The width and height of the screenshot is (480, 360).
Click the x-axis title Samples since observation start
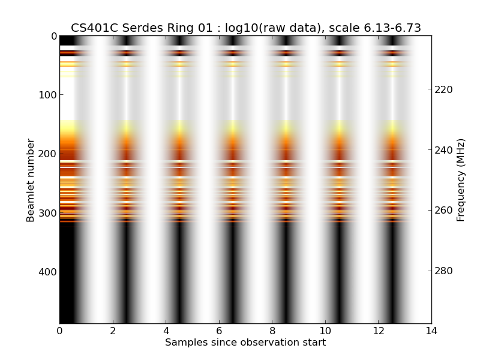pos(245,343)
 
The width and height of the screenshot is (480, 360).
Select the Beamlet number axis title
pos(31,180)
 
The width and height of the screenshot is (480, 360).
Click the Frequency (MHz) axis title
pos(461,180)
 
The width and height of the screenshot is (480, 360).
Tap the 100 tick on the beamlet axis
pos(47,95)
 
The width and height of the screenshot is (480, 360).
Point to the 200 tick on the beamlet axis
pos(47,154)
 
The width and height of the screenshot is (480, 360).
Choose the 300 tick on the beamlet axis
pos(47,213)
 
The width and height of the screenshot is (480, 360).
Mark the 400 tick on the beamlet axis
pos(47,272)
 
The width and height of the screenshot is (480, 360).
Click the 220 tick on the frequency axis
pos(443,89)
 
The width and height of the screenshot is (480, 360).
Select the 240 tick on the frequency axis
pos(443,150)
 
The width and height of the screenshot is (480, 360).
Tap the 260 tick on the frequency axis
pos(443,211)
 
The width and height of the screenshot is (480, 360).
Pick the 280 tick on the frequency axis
pos(443,271)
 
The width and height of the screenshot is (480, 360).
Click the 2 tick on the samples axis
pos(113,331)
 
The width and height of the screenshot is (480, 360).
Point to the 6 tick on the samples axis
pos(219,331)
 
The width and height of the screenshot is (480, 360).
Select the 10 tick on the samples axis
pos(325,331)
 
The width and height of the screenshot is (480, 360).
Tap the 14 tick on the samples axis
pos(431,331)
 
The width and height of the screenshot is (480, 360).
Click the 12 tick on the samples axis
pos(378,331)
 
